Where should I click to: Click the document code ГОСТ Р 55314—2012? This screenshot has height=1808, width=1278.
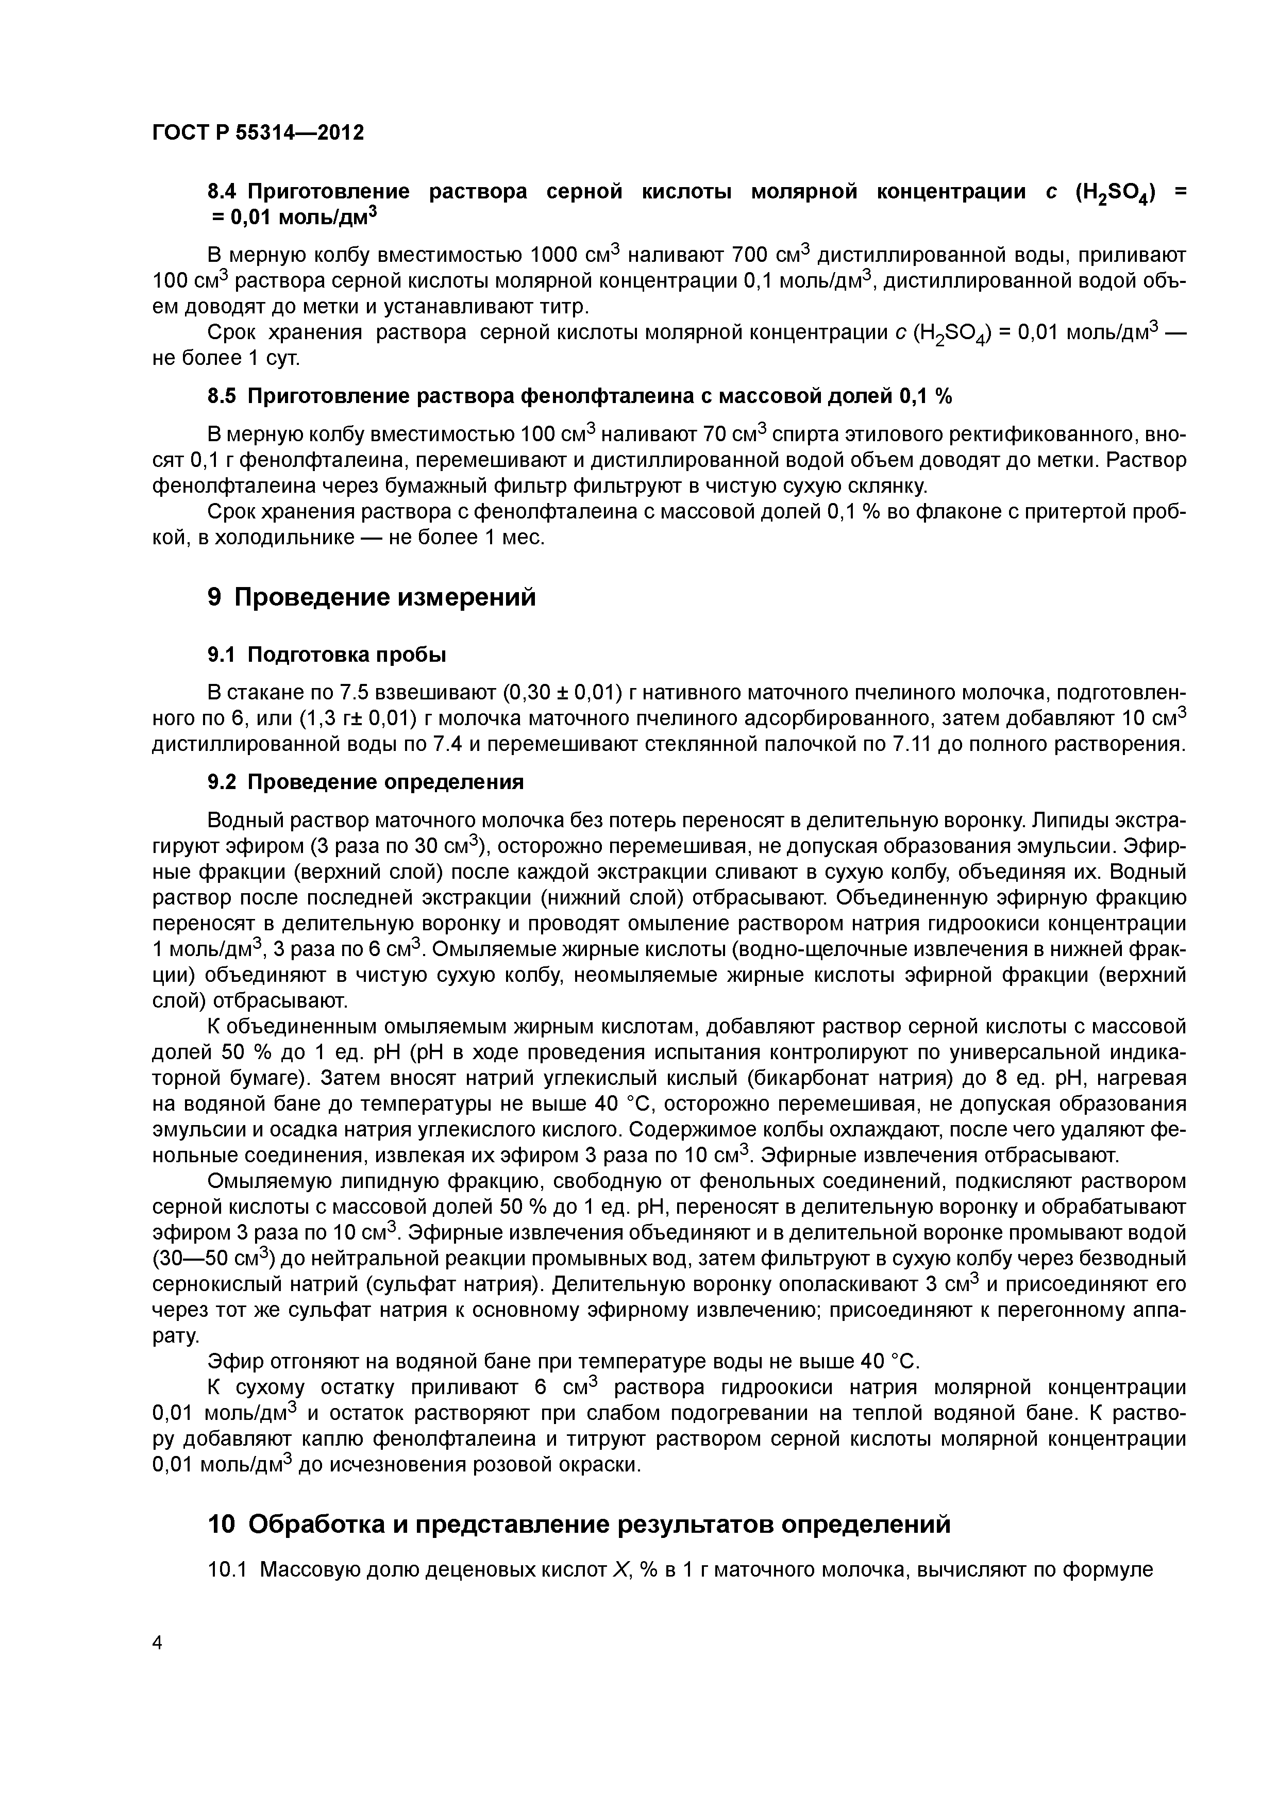point(258,133)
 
